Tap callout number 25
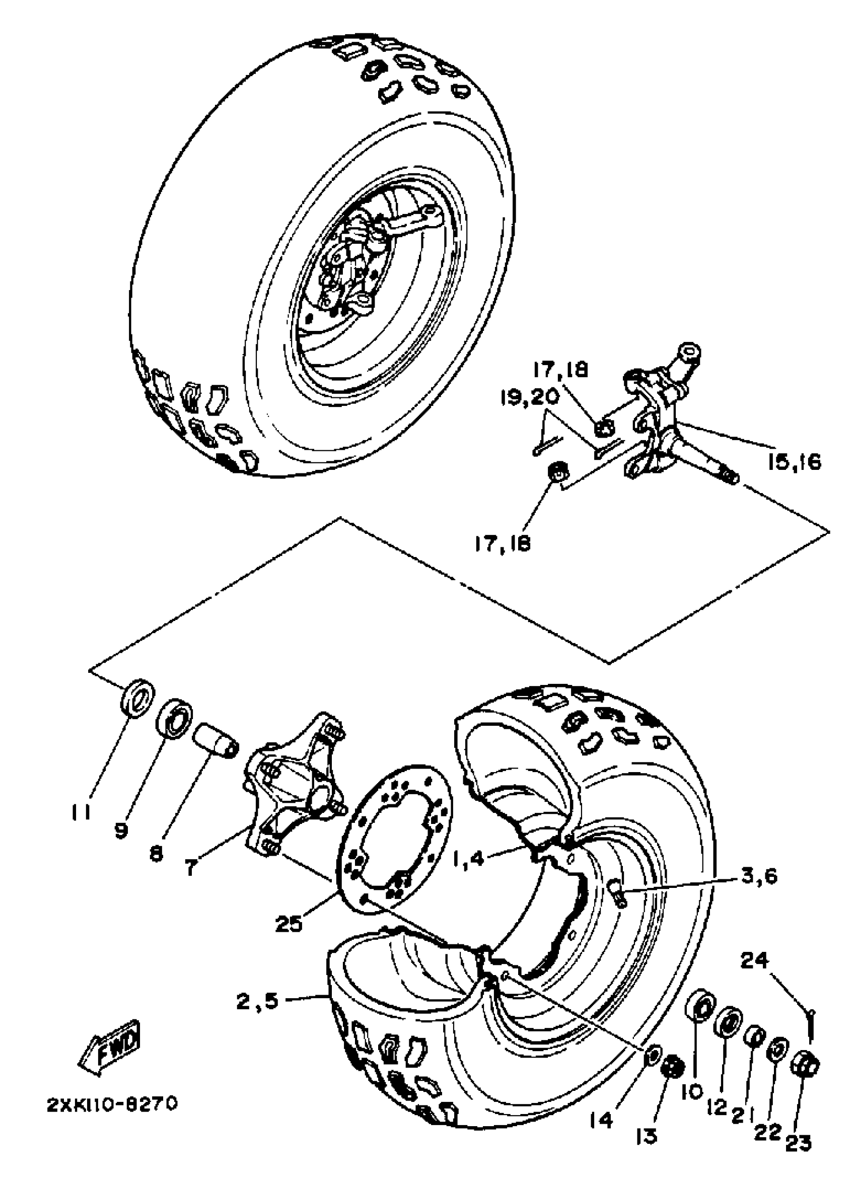point(290,925)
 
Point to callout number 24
point(754,961)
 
